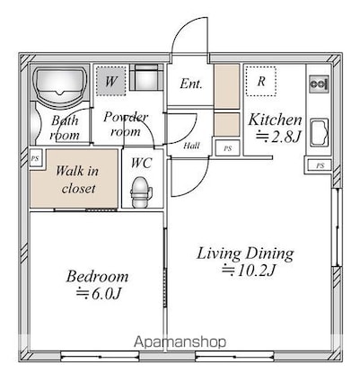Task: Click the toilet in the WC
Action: [141, 192]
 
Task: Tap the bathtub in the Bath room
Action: [60, 84]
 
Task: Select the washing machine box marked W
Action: [111, 81]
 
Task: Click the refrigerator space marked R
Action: [260, 82]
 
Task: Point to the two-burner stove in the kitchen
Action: [319, 84]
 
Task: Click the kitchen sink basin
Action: [320, 133]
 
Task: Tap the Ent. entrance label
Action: [191, 84]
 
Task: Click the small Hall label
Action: [191, 146]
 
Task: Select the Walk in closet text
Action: [77, 180]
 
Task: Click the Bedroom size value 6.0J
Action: [99, 294]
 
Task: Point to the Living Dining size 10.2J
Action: [249, 271]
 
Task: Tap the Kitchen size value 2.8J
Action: [277, 137]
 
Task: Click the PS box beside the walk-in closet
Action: [36, 158]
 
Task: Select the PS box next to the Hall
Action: [228, 148]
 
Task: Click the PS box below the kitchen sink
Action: [320, 165]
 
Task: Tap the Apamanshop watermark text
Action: [180, 342]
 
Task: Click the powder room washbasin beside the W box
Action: [145, 77]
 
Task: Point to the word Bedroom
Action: [97, 276]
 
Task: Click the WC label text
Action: [141, 163]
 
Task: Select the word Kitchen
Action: [275, 120]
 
